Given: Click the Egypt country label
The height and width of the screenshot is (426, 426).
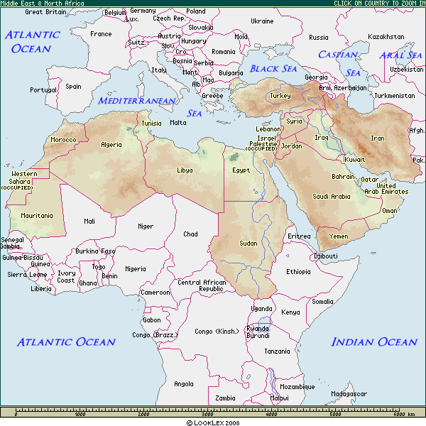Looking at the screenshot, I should coord(241,170).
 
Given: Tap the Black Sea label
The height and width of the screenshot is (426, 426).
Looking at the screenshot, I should coord(273,69).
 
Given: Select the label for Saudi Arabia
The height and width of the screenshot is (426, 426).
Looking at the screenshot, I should coord(331,196).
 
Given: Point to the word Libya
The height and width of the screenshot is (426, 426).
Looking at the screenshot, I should coord(185,170).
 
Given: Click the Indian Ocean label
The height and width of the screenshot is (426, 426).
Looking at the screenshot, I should coord(374,342).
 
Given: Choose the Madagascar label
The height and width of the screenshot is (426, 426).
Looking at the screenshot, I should coord(349,393).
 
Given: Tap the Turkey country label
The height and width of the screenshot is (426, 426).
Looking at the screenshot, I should coord(280,96).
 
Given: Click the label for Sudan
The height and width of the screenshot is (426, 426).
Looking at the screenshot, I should coord(248,244).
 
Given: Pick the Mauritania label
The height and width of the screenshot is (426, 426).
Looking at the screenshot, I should coord(37,215).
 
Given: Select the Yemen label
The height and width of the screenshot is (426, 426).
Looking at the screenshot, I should coord(339,236).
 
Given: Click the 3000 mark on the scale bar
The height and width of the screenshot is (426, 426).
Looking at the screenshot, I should coord(208,414).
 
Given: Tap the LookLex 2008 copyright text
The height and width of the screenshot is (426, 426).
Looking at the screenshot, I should coord(213,422).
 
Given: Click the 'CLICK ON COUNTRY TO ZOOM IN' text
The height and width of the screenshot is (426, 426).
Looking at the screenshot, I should coord(379,4).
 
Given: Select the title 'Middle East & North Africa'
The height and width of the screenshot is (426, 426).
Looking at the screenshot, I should coord(42,4).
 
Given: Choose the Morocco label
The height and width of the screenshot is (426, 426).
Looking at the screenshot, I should coord(63,140).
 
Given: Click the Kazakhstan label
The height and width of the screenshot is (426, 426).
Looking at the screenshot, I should coord(386,37).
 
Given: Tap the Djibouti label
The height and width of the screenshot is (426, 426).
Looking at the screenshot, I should coord(326,256).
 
